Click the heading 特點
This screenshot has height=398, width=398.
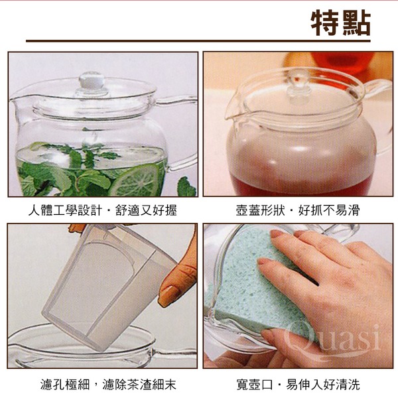coord(341,23)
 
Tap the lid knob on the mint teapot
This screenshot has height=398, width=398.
coord(92,81)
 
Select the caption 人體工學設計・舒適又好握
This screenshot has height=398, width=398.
coord(102,210)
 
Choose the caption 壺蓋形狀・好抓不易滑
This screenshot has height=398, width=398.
coord(298,210)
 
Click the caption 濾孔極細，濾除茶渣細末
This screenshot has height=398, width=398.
coord(108,384)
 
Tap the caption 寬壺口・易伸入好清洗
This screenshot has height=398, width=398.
coord(298,384)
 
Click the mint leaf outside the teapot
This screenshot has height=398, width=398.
coord(186,187)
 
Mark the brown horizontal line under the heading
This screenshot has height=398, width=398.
coord(198,41)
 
